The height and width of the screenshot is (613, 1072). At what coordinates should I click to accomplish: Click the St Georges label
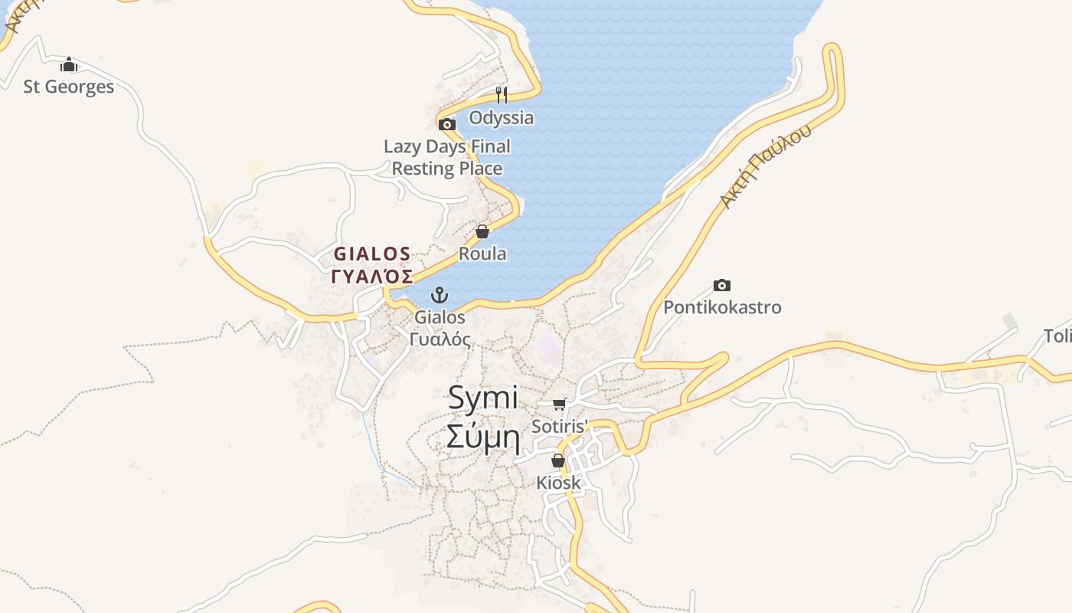coord(69,87)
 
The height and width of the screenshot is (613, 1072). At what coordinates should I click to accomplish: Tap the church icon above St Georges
coord(69,64)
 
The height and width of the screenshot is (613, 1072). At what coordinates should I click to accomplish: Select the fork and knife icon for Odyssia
coord(502,95)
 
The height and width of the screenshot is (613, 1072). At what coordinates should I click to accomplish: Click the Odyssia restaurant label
coord(502,118)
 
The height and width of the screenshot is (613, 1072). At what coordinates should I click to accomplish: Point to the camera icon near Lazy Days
coord(447,124)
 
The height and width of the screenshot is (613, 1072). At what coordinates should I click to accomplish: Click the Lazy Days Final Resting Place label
coord(447,157)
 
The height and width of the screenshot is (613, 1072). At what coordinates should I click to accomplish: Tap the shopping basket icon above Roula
coord(482,231)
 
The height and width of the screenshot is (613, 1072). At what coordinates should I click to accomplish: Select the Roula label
coord(482,254)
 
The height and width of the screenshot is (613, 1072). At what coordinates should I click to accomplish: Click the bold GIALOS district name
coord(372,254)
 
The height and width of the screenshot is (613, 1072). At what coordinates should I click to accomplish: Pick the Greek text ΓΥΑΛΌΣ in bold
coord(372,277)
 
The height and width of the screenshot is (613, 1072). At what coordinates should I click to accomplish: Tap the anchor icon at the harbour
coord(440,295)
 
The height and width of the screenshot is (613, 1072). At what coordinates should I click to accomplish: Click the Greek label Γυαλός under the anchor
coord(440,339)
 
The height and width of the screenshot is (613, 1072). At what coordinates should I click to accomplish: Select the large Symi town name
coord(483,398)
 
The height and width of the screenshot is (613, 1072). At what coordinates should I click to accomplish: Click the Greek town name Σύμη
coord(483,438)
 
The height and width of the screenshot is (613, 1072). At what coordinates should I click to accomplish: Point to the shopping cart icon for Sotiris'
coord(560,404)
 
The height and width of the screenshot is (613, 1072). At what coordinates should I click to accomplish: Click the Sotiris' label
coord(560,426)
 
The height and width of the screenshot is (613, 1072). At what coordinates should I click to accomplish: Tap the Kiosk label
coord(558,483)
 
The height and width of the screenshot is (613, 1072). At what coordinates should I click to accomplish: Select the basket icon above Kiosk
coord(558,461)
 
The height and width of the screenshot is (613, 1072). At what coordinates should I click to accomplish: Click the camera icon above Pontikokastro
coord(722,286)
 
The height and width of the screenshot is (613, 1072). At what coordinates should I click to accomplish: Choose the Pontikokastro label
coord(722,308)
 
